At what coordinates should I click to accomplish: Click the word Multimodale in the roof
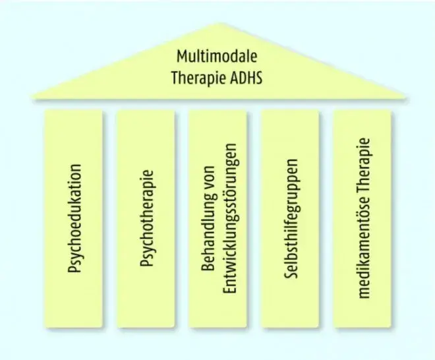pos(217,56)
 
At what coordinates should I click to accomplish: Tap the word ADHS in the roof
pos(246,78)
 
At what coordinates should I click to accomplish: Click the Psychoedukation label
pos(74,218)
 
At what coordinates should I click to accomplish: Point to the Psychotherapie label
pos(146,218)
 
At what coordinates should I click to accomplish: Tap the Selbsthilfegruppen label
pos(291,218)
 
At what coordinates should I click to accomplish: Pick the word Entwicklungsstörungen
pos(230,218)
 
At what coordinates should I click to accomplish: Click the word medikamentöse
pos(363,248)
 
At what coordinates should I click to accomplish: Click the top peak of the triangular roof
pos(219,23)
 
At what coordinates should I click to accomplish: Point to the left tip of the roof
pos(32,96)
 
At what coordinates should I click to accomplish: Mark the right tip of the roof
pos(405,97)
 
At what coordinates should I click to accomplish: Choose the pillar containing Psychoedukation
pos(73,218)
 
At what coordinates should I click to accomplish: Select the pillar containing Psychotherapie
pos(146,218)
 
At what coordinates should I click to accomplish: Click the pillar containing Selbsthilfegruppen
pos(290,218)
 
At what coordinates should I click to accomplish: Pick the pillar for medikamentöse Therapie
pos(362,218)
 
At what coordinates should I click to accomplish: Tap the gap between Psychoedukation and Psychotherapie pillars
pos(109,218)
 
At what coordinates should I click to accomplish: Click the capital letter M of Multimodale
pos(182,56)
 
